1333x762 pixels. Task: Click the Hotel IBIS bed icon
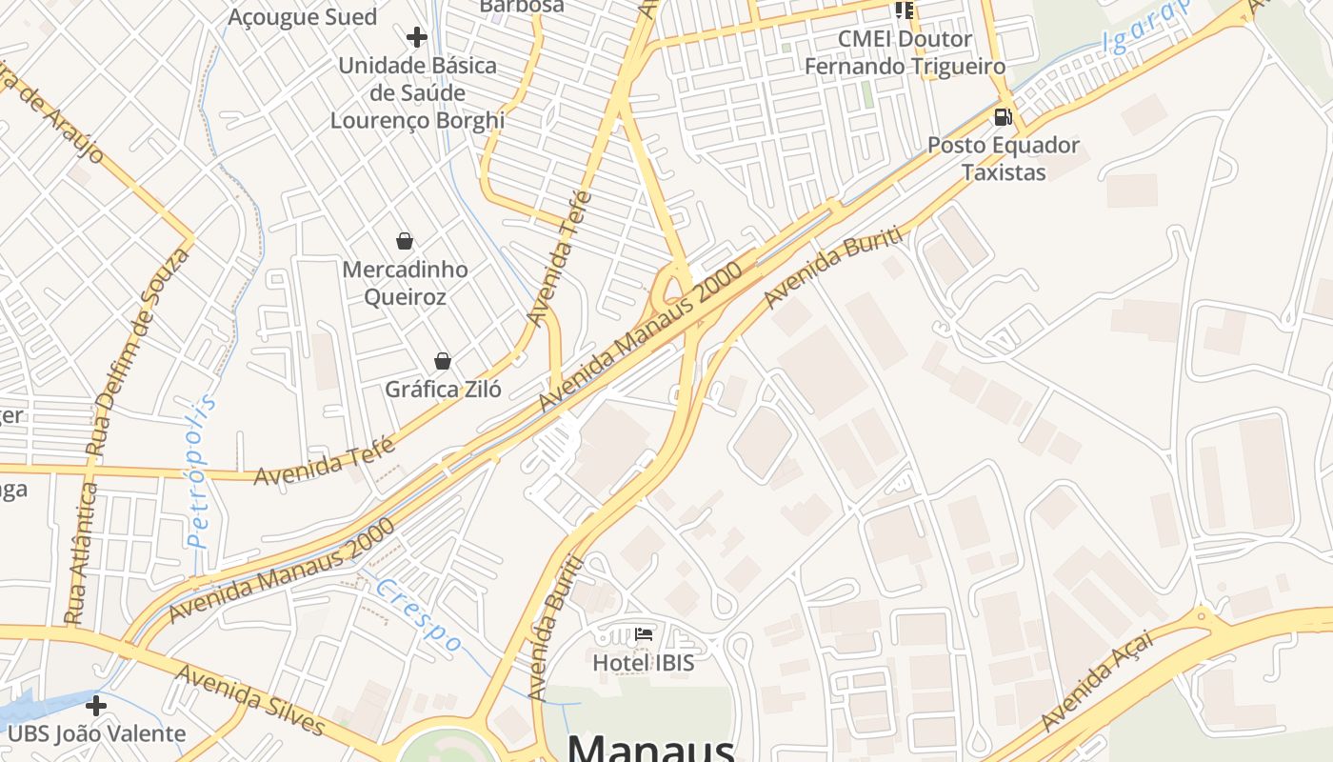pos(644,634)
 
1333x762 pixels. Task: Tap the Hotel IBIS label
pos(644,662)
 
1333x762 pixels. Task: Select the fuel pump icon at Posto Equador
pos(1003,118)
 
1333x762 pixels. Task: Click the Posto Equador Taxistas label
pos(1004,159)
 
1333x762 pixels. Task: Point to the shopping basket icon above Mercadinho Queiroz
pos(405,241)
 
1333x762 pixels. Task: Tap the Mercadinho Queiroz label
pos(405,283)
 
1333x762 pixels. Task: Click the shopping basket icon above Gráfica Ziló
pos(443,361)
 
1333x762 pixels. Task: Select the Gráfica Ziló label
pos(443,389)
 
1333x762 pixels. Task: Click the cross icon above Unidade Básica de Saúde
pos(416,37)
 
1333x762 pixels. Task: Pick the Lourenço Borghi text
pos(417,120)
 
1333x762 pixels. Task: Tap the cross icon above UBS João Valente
pos(96,706)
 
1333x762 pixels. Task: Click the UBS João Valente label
pos(96,733)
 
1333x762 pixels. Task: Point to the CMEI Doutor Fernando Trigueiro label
pos(905,52)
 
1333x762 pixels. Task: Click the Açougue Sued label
pos(303,16)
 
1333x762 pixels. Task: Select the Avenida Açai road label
pos(1097,680)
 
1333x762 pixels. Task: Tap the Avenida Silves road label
pos(250,700)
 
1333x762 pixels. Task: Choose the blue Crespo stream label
pos(418,615)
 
